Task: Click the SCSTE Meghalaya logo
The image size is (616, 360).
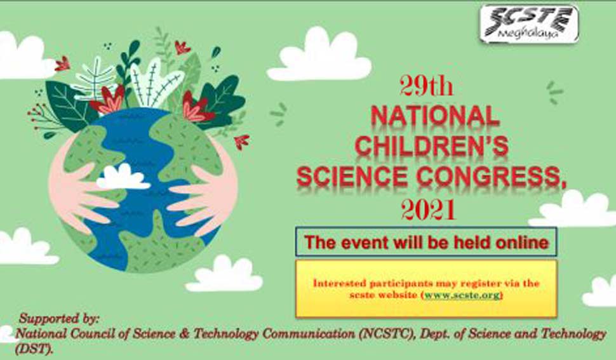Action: pos(529,23)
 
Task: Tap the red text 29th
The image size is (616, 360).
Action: pos(427,86)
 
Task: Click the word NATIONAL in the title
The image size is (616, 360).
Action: pos(435,117)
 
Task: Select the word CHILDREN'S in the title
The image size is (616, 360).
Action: pos(432,145)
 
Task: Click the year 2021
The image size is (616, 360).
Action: pos(428,210)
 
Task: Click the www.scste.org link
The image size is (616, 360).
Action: pos(462,295)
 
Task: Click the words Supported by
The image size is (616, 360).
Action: pos(59,318)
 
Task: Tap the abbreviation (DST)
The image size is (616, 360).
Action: pos(34,349)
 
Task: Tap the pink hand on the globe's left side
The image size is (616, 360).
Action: pos(81,189)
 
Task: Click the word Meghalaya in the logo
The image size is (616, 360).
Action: pos(527,34)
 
